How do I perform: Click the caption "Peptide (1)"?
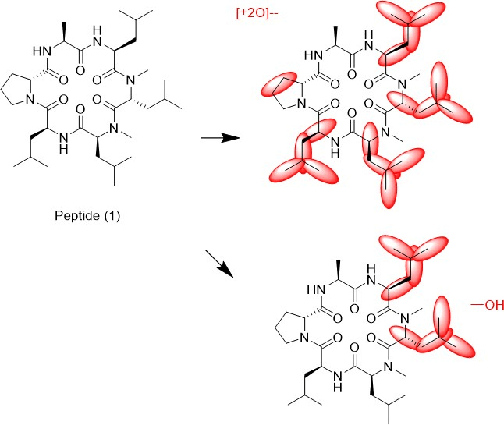(x=87, y=215)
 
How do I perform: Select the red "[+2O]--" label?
(x=257, y=14)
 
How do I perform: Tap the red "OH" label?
(x=488, y=305)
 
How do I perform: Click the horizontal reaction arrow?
(x=221, y=138)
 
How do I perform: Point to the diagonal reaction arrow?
(x=219, y=264)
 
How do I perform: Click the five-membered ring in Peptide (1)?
(x=16, y=90)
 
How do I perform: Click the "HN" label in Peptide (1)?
(x=42, y=51)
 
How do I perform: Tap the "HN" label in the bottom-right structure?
(x=316, y=289)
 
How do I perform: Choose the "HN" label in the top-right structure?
(x=314, y=55)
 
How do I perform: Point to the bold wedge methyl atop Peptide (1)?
(x=64, y=32)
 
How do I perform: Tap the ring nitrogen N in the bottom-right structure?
(x=304, y=338)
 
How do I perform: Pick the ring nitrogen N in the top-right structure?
(x=301, y=104)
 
